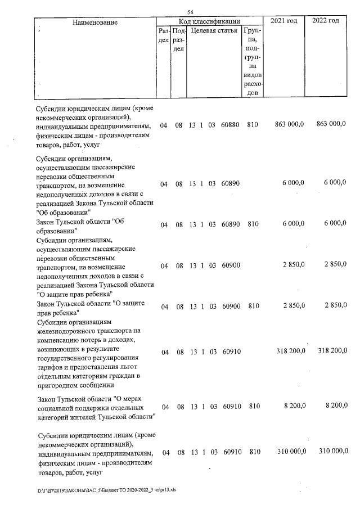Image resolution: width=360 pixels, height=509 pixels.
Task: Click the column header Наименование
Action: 94,22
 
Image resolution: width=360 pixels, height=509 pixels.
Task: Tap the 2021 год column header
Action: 284,21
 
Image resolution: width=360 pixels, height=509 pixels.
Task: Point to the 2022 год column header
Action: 326,21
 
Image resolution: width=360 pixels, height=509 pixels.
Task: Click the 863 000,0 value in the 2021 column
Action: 289,124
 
